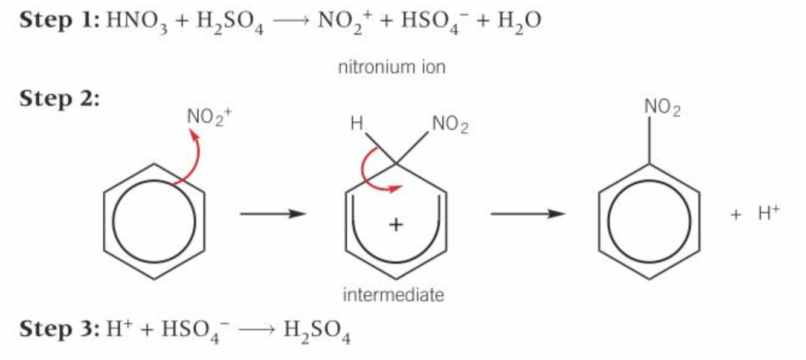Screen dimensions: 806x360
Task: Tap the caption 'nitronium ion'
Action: point(392,67)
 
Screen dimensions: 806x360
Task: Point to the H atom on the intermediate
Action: point(356,126)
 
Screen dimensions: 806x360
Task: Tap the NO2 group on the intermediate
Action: point(450,126)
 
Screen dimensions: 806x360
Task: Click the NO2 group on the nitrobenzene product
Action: point(662,108)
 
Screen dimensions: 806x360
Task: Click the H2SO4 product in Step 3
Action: point(317,330)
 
